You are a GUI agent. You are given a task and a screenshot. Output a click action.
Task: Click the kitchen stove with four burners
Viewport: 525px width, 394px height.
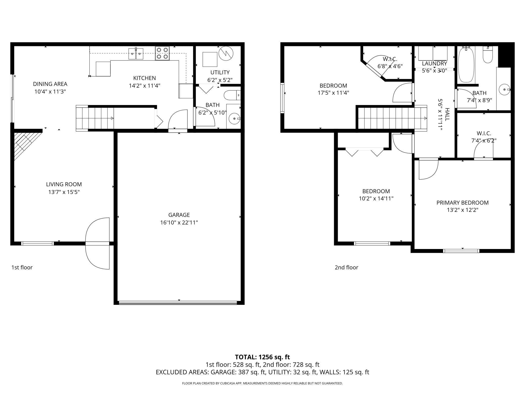(162, 53)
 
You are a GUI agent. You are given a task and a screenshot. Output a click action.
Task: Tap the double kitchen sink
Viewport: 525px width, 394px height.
(136, 54)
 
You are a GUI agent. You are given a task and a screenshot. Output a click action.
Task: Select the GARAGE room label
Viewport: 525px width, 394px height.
(179, 215)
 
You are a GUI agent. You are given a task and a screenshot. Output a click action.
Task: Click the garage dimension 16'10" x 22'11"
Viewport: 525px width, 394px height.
(179, 223)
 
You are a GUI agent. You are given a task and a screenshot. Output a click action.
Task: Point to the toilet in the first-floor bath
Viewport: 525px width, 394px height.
(232, 95)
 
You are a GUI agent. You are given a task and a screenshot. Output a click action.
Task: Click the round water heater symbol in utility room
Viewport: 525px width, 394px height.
(226, 54)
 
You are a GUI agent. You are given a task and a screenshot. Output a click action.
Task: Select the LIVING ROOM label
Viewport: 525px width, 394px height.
(64, 184)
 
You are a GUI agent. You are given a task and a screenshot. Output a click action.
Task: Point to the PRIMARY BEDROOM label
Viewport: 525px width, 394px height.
(462, 203)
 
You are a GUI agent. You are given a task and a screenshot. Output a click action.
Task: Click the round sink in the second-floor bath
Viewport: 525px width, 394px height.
(505, 90)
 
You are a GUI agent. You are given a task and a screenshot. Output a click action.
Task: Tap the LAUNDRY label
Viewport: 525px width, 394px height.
(434, 63)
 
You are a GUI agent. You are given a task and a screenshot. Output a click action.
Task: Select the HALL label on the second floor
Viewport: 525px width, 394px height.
(447, 114)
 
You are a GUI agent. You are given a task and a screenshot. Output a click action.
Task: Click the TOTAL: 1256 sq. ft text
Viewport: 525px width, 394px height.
(262, 357)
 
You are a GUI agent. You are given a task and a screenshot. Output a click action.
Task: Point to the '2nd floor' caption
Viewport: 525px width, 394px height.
(346, 267)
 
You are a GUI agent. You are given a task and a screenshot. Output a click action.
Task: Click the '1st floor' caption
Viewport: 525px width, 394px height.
(22, 267)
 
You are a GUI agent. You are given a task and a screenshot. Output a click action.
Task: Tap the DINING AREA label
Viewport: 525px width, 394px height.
(50, 84)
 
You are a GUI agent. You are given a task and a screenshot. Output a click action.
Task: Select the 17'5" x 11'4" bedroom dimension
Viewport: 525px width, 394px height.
(333, 93)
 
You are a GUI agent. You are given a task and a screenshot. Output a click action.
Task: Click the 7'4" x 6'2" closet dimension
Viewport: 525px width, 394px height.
(484, 141)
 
